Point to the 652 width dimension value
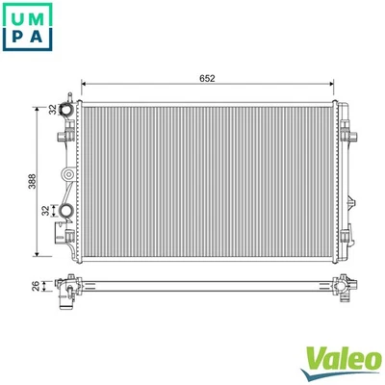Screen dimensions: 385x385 click(x=207, y=79)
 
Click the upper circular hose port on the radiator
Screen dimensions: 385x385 click(x=67, y=111)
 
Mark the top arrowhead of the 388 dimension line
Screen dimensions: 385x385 click(x=38, y=98)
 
